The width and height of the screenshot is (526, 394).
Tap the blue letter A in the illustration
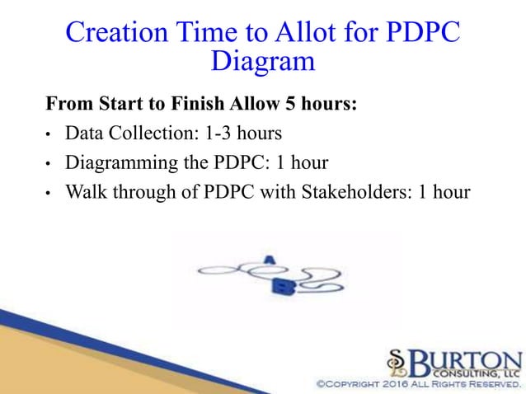point(268,260)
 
